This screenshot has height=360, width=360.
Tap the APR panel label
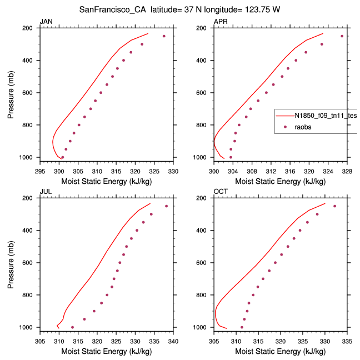pos(220,22)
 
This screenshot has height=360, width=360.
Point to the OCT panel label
pos(220,192)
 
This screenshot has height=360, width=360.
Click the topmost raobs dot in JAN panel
pos(164,36)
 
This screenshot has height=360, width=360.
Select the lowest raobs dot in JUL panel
pos(73,327)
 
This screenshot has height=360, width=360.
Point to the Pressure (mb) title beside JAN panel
pos(11,93)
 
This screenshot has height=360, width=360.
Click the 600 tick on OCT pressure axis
pos(204,263)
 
